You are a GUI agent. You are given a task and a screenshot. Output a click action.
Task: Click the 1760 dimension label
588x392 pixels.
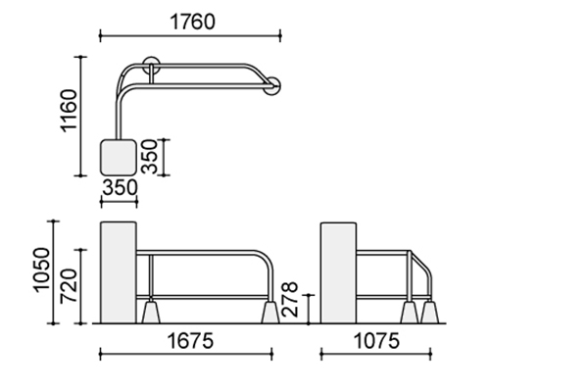coord(193,22)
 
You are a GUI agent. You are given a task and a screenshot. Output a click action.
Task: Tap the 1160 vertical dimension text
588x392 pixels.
coord(69,111)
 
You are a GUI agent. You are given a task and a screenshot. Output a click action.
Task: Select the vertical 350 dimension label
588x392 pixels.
coord(149,157)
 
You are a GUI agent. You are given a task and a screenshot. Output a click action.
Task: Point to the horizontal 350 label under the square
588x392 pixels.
coord(120,187)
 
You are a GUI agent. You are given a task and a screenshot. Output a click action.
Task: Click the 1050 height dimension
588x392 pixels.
coord(41,269)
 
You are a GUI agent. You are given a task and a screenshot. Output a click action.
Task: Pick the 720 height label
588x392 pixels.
coord(69,285)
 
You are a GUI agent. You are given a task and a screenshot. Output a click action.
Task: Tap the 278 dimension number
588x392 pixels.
coord(289,299)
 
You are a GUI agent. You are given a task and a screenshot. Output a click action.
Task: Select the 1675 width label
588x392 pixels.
coord(190,341)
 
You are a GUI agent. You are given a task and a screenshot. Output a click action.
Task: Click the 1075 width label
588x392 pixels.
coord(376,341)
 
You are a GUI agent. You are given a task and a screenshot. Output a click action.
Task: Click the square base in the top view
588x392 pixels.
coord(119,157)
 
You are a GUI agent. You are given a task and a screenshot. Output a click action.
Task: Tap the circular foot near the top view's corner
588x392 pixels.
coord(151,66)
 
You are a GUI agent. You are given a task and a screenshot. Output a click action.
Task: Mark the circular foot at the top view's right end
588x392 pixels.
coord(271,86)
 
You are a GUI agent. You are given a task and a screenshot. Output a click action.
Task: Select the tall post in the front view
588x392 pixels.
coord(119,272)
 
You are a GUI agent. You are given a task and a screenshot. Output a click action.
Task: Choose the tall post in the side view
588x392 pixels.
coord(339,272)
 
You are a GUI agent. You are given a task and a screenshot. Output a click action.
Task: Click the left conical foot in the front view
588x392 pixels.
coord(151,312)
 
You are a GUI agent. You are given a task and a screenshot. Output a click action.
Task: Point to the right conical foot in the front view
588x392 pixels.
coord(270,312)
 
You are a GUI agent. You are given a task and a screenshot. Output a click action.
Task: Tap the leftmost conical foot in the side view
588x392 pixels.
coord(410,312)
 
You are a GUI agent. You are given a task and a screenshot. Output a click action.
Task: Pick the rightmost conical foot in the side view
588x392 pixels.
coord(430,312)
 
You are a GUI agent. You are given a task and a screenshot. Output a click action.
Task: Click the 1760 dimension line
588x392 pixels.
coord(190,36)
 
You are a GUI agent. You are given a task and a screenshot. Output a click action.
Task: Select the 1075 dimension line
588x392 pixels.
coord(376,354)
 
